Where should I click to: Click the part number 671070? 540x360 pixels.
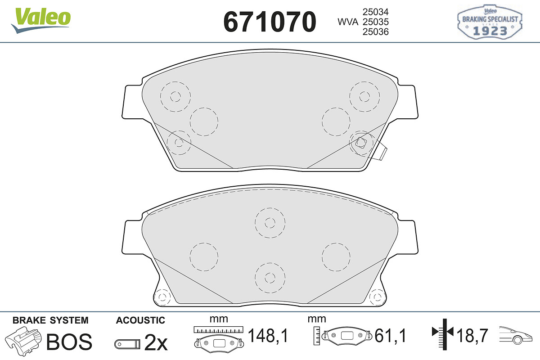270,22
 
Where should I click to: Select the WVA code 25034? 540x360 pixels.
376,12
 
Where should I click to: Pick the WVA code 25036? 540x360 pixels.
376,31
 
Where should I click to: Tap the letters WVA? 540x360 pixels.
348,22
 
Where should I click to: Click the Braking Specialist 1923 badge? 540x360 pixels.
490,22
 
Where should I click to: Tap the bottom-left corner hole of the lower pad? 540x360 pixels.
162,297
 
